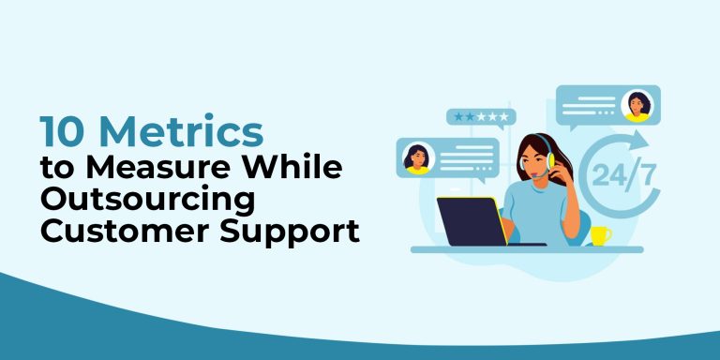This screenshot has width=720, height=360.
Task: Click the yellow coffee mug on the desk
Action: click(600, 235)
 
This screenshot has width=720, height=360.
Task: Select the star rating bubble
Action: click(481, 117)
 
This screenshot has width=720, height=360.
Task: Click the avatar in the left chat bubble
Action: click(417, 157)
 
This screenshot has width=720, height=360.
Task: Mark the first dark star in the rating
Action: click(457, 116)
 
